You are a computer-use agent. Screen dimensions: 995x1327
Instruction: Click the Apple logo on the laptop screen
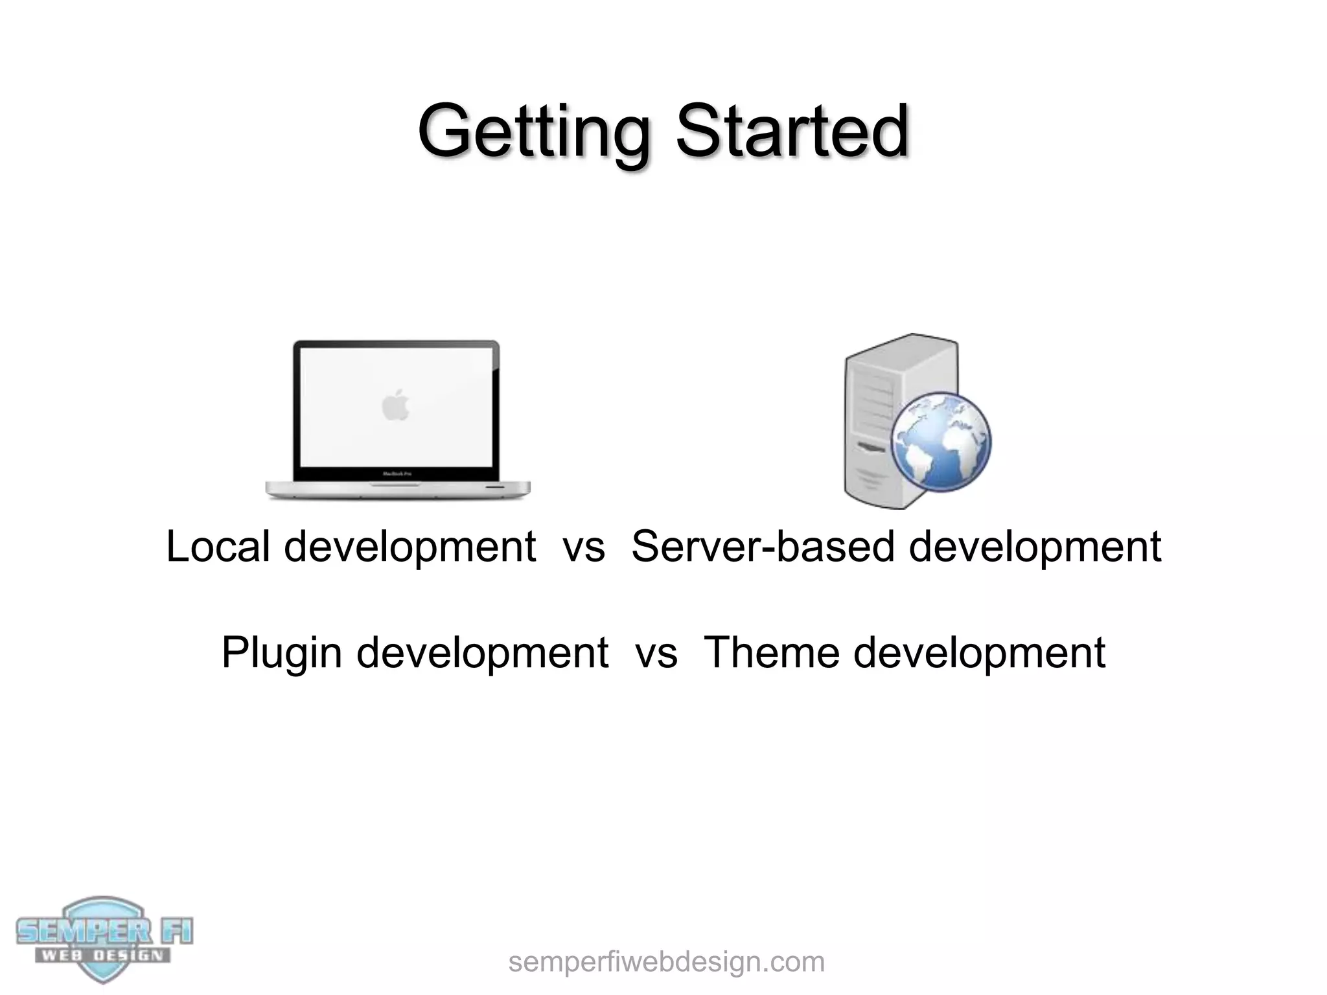396,405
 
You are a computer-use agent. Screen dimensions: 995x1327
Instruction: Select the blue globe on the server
941,443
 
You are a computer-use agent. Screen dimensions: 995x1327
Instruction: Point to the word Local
218,546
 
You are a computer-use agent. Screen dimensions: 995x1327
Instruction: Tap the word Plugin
281,652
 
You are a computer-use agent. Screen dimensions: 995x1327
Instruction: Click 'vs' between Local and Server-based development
584,546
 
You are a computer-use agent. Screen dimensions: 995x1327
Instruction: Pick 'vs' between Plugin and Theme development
656,652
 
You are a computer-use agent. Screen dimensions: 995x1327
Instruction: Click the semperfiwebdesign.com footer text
666,962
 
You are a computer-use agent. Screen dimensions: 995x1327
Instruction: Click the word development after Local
410,546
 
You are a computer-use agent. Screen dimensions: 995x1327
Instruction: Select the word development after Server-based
1035,546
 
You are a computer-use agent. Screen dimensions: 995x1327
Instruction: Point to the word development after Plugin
482,652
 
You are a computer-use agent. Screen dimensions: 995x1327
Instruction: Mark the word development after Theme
979,652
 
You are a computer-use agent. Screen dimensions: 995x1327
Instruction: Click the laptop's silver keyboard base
398,490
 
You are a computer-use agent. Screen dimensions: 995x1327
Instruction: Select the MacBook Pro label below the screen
397,474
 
